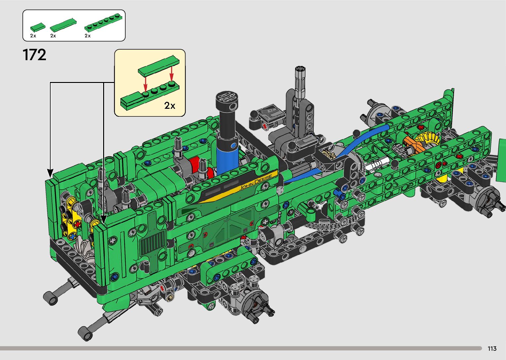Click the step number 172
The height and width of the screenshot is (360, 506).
34,55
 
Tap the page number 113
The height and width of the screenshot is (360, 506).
492,348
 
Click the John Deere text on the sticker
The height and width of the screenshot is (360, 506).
255,182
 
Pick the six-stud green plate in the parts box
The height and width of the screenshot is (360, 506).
104,22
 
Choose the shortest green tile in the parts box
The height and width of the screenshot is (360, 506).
38,27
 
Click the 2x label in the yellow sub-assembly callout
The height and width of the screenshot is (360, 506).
170,105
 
